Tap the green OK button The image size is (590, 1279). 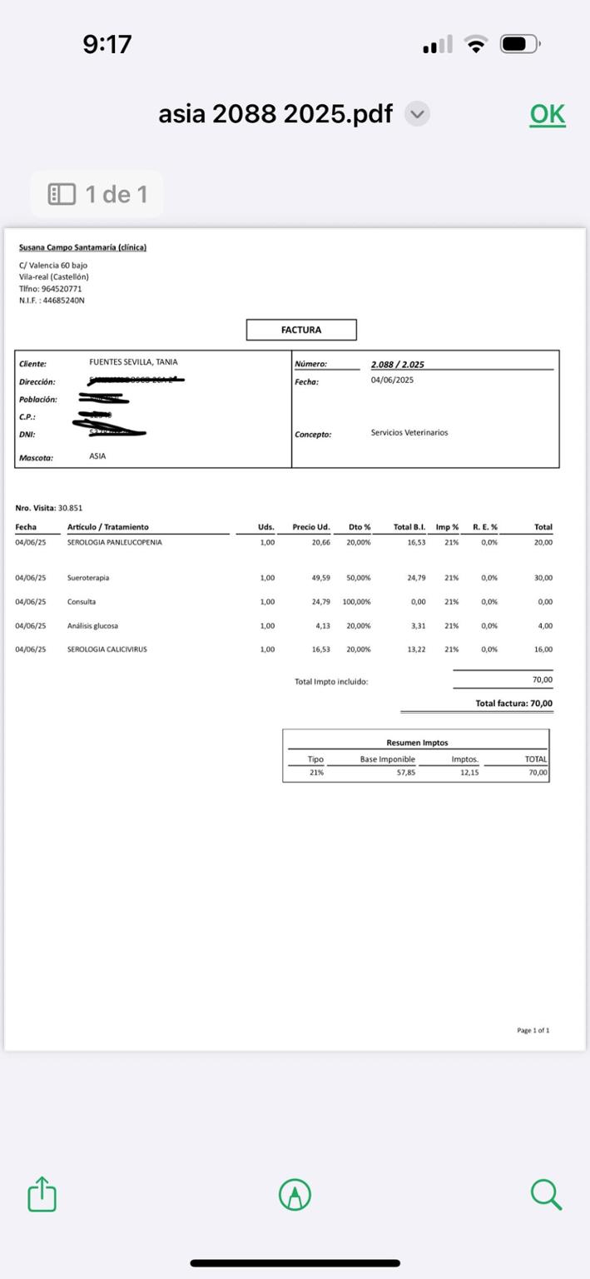[x=547, y=115]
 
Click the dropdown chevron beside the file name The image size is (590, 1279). [x=417, y=114]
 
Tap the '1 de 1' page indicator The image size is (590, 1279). [x=97, y=194]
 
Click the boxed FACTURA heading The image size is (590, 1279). [x=301, y=330]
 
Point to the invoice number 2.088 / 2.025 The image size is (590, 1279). [x=398, y=365]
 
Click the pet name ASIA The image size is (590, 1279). [x=97, y=456]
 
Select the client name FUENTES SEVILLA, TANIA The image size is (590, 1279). [x=133, y=362]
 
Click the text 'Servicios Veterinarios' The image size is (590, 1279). [x=409, y=433]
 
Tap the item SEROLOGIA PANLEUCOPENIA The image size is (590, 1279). [x=115, y=542]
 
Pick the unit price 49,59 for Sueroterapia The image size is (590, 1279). [x=321, y=578]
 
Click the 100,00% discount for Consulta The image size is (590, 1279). [x=357, y=602]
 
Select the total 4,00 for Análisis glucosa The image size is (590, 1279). [x=545, y=626]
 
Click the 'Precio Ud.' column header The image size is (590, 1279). [x=311, y=527]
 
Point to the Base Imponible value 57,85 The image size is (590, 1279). [x=406, y=773]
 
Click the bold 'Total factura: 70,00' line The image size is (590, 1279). [x=513, y=704]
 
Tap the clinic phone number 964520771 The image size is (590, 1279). [x=62, y=289]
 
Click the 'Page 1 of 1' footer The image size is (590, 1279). [x=533, y=1031]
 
